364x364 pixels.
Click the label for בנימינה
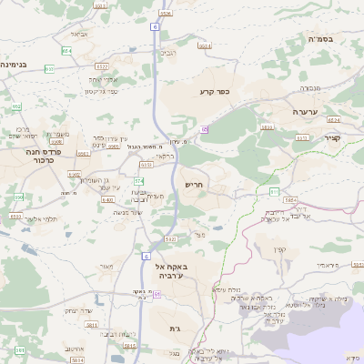pos(19,65)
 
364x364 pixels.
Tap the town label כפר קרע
pos(212,92)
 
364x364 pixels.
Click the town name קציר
pos(331,138)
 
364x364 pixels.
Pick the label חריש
pos(195,184)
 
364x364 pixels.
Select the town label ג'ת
pos(175,328)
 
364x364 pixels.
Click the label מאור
pos(106,266)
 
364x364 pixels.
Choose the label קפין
pos(278,248)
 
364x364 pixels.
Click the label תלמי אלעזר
pos(39,219)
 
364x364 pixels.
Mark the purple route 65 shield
pos(205,130)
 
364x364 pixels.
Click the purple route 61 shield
pos(157,295)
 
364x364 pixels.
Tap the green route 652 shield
pos(16,106)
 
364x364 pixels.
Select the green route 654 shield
pos(66,51)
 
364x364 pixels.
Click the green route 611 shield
pos(274,191)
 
